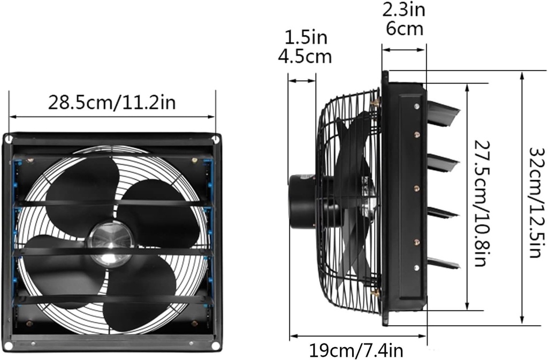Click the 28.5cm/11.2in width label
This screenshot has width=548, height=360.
(x=112, y=102)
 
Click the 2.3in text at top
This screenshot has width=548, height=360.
(x=404, y=10)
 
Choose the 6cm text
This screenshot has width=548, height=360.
(x=404, y=28)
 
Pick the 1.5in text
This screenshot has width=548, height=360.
(x=305, y=37)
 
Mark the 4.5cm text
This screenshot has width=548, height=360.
(x=305, y=56)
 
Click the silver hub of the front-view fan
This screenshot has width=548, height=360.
(x=110, y=243)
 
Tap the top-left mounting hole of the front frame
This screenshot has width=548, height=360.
(x=9, y=140)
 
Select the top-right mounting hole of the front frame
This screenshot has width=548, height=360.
(x=215, y=140)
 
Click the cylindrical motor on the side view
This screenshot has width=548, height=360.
(x=302, y=201)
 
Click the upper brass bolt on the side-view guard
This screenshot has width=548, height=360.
(x=377, y=101)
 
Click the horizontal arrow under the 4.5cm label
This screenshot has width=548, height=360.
(x=302, y=81)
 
